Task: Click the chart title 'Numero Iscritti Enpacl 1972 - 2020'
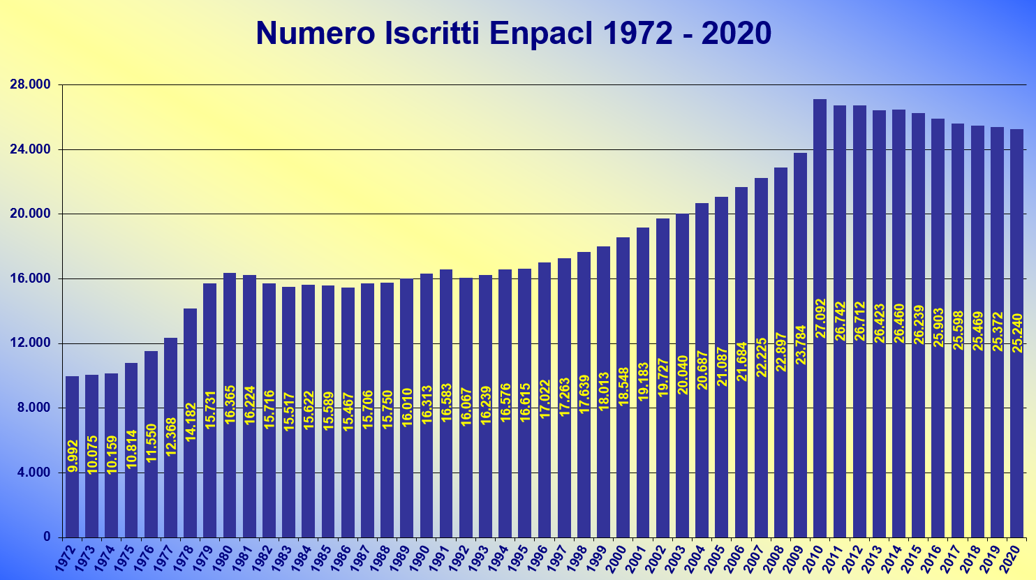(x=513, y=34)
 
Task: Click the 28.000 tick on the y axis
(x=31, y=85)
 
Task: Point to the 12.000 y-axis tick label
(x=31, y=343)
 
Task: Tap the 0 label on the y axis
(x=47, y=537)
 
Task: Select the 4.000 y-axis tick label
(x=33, y=473)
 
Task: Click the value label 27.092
(x=820, y=318)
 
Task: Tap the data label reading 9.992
(x=73, y=456)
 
